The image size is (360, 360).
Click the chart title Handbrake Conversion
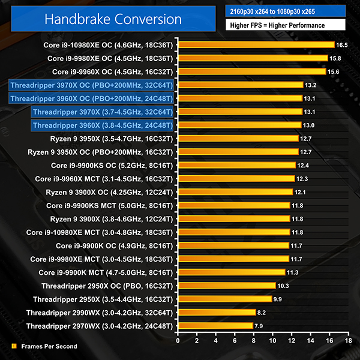pyautogui.click(x=112, y=19)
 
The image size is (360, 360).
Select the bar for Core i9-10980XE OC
pyautogui.click(x=256, y=45)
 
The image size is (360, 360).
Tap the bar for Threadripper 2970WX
pyautogui.click(x=215, y=326)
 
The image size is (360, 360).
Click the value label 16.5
pyautogui.click(x=342, y=45)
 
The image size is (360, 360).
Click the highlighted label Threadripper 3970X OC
pyautogui.click(x=92, y=85)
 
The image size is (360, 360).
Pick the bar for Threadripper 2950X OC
pyautogui.click(x=226, y=286)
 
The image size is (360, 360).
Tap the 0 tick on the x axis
pyautogui.click(x=178, y=341)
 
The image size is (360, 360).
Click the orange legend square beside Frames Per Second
pyautogui.click(x=14, y=346)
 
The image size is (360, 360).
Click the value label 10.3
pyautogui.click(x=283, y=286)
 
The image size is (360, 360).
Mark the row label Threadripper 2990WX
pyautogui.click(x=100, y=313)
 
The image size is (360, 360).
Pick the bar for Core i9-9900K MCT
pyautogui.click(x=231, y=272)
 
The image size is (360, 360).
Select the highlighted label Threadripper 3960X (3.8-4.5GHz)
pyautogui.click(x=103, y=125)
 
